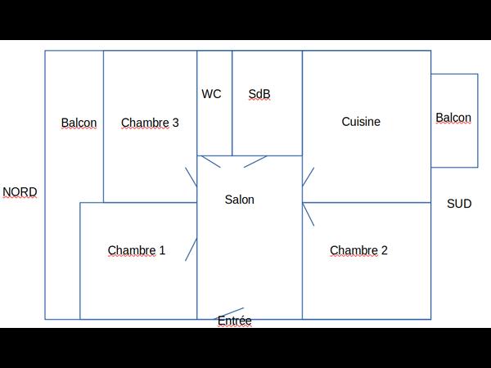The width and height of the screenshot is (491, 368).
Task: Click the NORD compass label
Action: click(20, 192)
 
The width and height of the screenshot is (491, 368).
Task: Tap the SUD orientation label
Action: click(459, 204)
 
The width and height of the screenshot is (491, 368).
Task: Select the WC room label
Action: click(211, 94)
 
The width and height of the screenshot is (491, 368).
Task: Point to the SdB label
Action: click(259, 94)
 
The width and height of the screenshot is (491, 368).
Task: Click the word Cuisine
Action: click(361, 122)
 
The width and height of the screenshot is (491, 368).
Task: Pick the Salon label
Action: click(240, 200)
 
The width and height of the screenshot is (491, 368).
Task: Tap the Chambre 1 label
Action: click(136, 250)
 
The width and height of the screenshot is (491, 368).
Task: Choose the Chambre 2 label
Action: click(358, 250)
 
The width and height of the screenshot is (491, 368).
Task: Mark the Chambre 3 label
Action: click(150, 123)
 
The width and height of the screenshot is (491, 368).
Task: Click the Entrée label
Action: click(235, 321)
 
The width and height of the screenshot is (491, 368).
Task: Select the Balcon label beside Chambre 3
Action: click(79, 123)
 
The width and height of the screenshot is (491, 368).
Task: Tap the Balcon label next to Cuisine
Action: click(453, 118)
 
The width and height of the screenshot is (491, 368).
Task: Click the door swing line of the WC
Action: click(211, 161)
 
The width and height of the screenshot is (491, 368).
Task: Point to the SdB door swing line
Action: click(255, 161)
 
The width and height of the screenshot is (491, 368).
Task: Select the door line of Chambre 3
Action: click(191, 177)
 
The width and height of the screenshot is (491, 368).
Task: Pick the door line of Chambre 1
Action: click(191, 249)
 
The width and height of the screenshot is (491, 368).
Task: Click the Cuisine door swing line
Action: click(309, 177)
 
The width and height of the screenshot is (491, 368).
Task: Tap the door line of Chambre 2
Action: click(309, 214)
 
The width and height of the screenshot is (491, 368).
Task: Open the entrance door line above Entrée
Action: click(228, 313)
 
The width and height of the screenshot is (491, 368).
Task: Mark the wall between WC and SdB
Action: click(232, 103)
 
